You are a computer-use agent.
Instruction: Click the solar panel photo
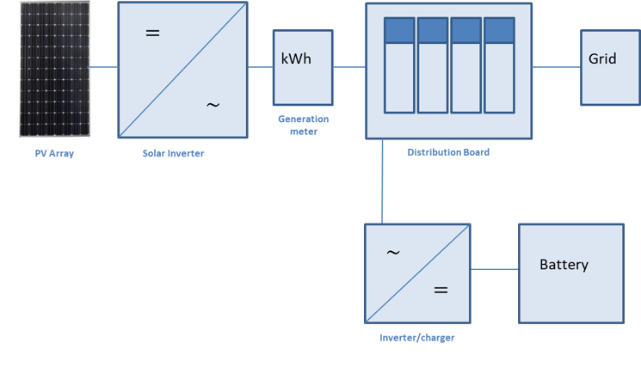(x=55, y=70)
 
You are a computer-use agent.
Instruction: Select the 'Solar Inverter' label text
(x=173, y=154)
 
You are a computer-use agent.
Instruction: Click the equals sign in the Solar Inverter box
(x=152, y=34)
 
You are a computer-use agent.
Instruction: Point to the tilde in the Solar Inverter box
(x=213, y=105)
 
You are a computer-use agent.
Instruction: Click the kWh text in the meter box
(x=297, y=60)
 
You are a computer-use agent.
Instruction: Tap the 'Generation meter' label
(x=303, y=126)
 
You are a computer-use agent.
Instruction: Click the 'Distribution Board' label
(x=448, y=153)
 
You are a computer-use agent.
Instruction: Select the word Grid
(x=602, y=59)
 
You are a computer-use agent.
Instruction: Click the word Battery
(x=564, y=265)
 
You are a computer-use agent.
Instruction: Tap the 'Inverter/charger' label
(x=416, y=338)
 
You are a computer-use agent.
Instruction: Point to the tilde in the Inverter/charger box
(x=392, y=253)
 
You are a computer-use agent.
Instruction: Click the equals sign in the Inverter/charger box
(x=441, y=290)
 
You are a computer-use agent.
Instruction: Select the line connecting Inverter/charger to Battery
(x=494, y=270)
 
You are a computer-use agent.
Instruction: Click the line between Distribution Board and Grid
(x=556, y=66)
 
